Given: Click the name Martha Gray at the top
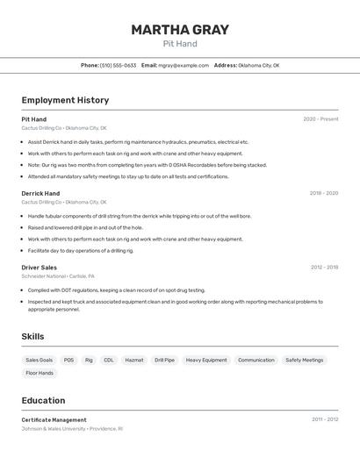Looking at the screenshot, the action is coord(180,30).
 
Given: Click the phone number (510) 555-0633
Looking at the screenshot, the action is coord(118,65).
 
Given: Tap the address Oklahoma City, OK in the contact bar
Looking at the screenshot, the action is coord(258,65).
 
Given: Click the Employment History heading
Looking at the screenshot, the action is coord(65,100).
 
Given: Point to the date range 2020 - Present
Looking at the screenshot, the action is coord(320,119).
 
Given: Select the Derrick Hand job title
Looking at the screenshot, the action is coord(40,193).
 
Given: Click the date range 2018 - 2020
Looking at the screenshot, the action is coord(323,193).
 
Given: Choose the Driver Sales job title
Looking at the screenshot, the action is coord(40,268).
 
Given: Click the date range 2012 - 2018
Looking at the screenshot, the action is coord(324,268).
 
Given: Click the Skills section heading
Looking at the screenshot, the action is coord(32,336).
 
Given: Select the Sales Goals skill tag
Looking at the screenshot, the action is coord(39,360).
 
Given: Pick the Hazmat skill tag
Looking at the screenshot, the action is coord(134,360).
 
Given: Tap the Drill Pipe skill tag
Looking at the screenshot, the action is coord(164,360).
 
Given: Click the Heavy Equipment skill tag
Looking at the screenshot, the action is coord(206,360).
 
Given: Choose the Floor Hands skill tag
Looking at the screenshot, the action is coord(40,373).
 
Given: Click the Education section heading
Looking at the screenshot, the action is coord(43,400).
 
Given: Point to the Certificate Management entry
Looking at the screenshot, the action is coord(54,420).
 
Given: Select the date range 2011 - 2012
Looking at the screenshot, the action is coord(325,419).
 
